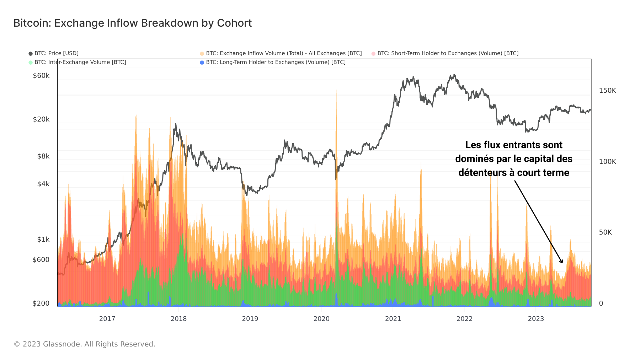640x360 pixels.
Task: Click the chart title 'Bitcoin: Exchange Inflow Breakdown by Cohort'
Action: [x=132, y=23]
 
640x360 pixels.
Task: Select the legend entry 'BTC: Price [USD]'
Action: [x=56, y=53]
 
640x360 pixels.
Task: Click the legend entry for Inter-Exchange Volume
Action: [x=80, y=62]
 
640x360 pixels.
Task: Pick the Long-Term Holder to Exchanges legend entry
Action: [x=276, y=62]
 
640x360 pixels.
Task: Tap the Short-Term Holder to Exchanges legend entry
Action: [x=448, y=53]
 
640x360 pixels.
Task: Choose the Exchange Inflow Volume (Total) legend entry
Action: [x=283, y=53]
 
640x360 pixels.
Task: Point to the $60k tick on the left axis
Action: [x=41, y=76]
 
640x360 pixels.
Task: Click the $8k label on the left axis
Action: [x=43, y=156]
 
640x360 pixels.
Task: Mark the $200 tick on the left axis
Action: [x=41, y=303]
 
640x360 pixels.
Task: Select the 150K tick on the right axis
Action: [x=607, y=91]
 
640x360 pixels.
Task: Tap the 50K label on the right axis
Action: [x=605, y=232]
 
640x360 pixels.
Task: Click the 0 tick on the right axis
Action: [x=601, y=303]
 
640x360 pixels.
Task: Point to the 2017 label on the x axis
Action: [x=107, y=319]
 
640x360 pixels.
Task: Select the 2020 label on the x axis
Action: [x=321, y=319]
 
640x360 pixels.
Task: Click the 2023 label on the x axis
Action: [x=536, y=319]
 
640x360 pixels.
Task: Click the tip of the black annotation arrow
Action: [x=562, y=263]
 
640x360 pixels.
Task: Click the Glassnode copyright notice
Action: [x=84, y=344]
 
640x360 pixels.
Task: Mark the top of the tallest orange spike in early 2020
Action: [x=336, y=90]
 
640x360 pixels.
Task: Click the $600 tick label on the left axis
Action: [x=41, y=260]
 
